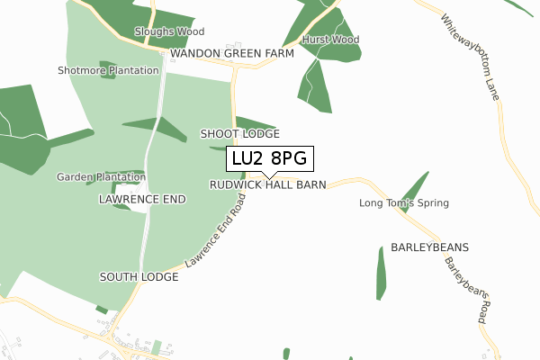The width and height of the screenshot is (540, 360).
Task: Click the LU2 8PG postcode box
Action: pyautogui.click(x=269, y=158)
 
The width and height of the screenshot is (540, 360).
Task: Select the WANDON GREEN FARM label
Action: pyautogui.click(x=232, y=54)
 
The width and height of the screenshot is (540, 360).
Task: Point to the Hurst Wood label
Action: pyautogui.click(x=330, y=40)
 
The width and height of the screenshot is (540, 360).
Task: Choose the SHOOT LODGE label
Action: pyautogui.click(x=239, y=133)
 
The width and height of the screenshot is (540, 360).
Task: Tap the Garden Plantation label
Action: pyautogui.click(x=102, y=177)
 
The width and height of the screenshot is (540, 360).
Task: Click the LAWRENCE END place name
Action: pyautogui.click(x=142, y=197)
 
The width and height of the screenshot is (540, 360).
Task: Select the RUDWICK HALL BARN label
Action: pyautogui.click(x=267, y=184)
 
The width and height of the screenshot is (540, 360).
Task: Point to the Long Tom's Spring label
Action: pyautogui.click(x=403, y=203)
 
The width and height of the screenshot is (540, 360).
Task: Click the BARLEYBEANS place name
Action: pyautogui.click(x=430, y=246)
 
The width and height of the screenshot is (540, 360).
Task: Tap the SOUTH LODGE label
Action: pyautogui.click(x=139, y=277)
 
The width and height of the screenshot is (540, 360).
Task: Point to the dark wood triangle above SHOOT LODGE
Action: pyautogui.click(x=254, y=123)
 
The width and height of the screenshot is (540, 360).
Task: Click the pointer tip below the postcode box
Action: pyautogui.click(x=269, y=176)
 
